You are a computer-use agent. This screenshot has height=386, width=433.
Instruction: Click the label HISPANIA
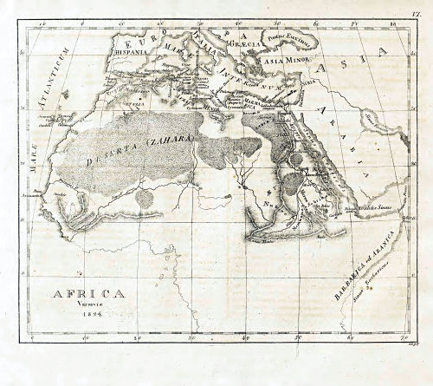pos(123,50)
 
